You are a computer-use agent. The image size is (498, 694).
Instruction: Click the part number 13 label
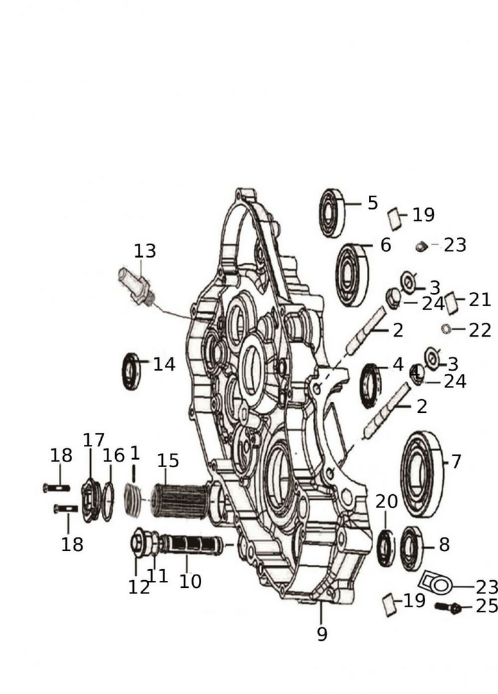pyautogui.click(x=145, y=251)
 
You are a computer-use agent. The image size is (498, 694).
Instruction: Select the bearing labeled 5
pyautogui.click(x=332, y=212)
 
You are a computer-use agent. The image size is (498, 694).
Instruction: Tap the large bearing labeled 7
pyautogui.click(x=422, y=475)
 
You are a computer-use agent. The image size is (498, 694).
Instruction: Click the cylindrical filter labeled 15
pyautogui.click(x=179, y=502)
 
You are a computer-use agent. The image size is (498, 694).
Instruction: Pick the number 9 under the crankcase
pyautogui.click(x=322, y=634)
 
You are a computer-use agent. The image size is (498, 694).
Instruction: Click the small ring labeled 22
pyautogui.click(x=446, y=329)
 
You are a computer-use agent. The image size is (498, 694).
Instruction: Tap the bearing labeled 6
pyautogui.click(x=352, y=275)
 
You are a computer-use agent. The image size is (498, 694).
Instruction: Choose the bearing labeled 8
pyautogui.click(x=411, y=548)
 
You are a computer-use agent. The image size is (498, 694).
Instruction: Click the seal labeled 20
pyautogui.click(x=386, y=548)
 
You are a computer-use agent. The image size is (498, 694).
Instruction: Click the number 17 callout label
pyautogui.click(x=94, y=441)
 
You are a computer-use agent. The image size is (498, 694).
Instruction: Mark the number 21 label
pyautogui.click(x=480, y=300)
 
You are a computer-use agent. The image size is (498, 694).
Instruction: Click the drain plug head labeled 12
pyautogui.click(x=136, y=543)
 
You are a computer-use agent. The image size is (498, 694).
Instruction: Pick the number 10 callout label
pyautogui.click(x=190, y=581)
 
